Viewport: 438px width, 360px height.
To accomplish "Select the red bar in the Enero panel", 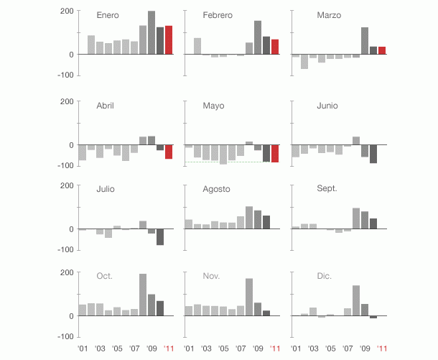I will (169, 40).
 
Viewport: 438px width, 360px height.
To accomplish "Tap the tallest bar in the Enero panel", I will (152, 32).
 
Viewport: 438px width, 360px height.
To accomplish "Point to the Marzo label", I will (329, 15).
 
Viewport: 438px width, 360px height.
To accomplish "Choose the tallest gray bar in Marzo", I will (365, 41).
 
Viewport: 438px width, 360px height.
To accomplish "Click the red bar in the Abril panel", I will (169, 152).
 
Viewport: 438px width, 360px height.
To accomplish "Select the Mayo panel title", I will (213, 106).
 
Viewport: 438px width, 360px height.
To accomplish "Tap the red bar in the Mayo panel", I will (275, 154).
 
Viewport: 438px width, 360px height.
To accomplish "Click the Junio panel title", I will (328, 106).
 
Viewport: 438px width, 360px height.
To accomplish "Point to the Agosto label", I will (216, 189).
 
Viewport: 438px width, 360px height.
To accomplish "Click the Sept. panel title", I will (327, 189).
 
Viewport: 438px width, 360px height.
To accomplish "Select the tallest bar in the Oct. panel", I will (143, 295).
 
